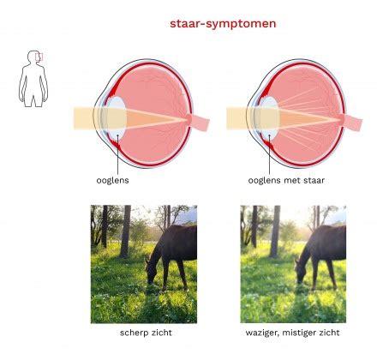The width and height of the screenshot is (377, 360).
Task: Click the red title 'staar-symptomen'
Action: point(223,24)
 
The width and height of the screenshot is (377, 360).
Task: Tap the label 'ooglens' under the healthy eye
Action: point(112,181)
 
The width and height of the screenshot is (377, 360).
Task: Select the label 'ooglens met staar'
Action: point(286,181)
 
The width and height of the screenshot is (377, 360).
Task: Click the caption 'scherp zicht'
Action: point(146,333)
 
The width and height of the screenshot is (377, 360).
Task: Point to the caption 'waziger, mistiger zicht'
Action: point(293,333)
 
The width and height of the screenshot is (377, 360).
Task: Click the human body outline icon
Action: point(33,79)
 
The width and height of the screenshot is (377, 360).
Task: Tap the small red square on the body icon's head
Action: point(39,57)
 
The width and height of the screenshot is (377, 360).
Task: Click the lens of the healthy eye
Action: point(117,118)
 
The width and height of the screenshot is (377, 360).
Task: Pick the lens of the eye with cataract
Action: point(270,118)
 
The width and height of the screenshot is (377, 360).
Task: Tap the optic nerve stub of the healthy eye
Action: point(199,121)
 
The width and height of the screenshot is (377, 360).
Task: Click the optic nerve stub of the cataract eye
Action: point(351,121)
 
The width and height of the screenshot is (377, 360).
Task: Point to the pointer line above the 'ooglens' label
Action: point(117,153)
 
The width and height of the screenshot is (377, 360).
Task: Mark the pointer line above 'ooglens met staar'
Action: point(269,153)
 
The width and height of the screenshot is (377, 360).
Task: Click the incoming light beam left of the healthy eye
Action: point(83,118)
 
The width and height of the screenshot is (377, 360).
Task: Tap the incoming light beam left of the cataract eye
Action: point(236,118)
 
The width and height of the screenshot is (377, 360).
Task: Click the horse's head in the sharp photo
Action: point(151,272)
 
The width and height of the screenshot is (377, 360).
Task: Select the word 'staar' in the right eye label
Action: point(313,181)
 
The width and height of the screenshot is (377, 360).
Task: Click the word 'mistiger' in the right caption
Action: point(302,333)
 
